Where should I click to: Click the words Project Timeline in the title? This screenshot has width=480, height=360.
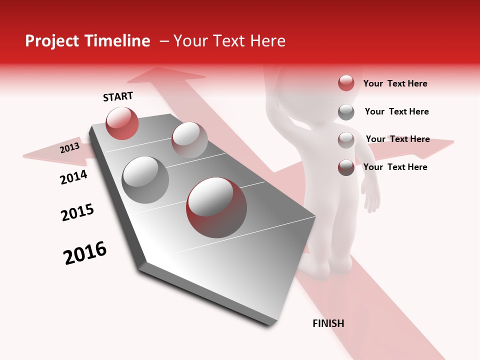pyautogui.click(x=87, y=41)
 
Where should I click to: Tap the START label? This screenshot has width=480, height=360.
pyautogui.click(x=118, y=96)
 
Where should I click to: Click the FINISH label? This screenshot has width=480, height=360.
pyautogui.click(x=328, y=323)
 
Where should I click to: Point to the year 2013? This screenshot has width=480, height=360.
pyautogui.click(x=69, y=148)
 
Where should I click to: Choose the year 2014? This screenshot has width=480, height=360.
pyautogui.click(x=73, y=177)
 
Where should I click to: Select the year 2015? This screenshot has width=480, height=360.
pyautogui.click(x=77, y=212)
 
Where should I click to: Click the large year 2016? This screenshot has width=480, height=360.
pyautogui.click(x=85, y=253)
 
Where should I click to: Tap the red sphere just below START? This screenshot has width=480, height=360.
pyautogui.click(x=122, y=123)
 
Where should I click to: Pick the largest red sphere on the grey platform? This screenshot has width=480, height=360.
pyautogui.click(x=216, y=207)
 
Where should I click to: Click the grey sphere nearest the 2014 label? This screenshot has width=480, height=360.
pyautogui.click(x=145, y=179)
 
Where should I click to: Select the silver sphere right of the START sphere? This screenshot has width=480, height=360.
pyautogui.click(x=189, y=140)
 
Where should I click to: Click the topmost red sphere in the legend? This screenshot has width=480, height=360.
pyautogui.click(x=346, y=83)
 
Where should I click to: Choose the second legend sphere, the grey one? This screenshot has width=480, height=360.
pyautogui.click(x=346, y=112)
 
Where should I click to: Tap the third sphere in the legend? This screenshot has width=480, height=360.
pyautogui.click(x=346, y=140)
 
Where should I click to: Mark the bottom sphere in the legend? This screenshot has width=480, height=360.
pyautogui.click(x=346, y=167)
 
